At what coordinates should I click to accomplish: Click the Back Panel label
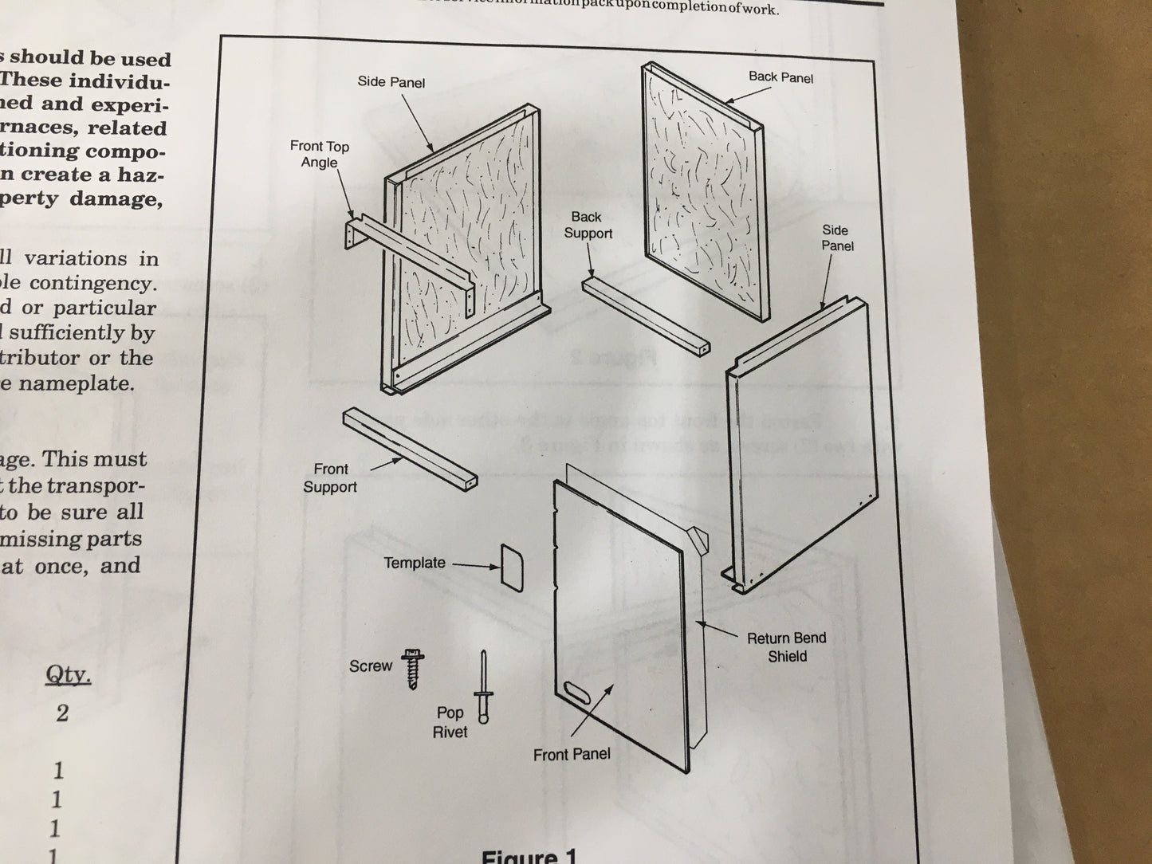pos(780,77)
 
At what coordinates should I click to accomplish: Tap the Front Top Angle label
pos(319,154)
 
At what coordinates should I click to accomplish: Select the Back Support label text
pos(588,225)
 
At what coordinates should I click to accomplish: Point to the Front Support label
pos(330,478)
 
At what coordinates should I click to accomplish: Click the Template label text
pos(414,563)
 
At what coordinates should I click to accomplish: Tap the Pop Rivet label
pos(450,722)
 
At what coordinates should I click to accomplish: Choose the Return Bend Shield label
pos(786,647)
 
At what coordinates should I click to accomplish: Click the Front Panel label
pos(572,754)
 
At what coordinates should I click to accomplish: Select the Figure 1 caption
pos(528,856)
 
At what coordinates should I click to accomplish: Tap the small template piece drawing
pos(512,567)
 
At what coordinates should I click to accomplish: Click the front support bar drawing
pos(411,448)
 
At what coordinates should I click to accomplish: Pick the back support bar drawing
pos(643,312)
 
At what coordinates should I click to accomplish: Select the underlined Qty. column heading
pos(68,676)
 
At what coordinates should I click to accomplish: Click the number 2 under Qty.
pos(62,713)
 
